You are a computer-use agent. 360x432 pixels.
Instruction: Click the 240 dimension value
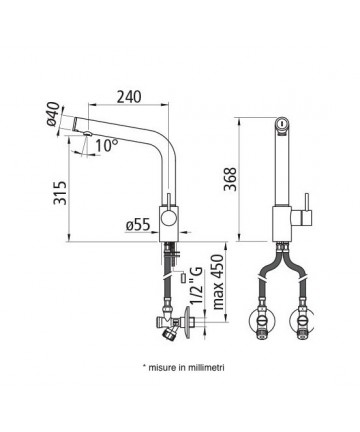click(129, 96)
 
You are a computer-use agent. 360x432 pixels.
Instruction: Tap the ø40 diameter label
click(53, 114)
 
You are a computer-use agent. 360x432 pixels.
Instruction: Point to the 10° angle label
click(107, 145)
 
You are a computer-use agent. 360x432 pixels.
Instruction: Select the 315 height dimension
click(60, 193)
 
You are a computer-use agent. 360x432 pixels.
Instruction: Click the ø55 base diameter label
click(138, 226)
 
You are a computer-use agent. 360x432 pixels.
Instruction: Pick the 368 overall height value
click(230, 179)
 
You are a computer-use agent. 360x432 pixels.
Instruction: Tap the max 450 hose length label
click(218, 282)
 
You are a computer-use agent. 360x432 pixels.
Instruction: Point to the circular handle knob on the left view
click(168, 220)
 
